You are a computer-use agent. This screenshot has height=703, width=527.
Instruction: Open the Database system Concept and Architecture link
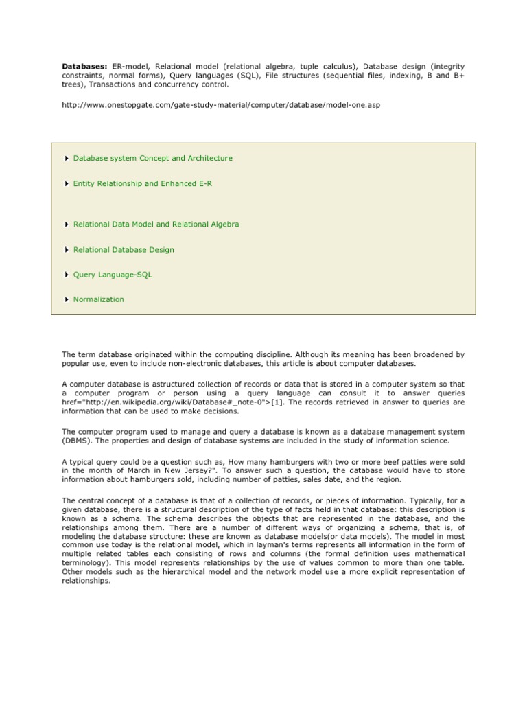click(x=152, y=158)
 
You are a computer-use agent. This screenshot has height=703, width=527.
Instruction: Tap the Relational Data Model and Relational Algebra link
click(x=156, y=224)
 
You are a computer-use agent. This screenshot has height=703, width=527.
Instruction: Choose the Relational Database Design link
click(x=124, y=250)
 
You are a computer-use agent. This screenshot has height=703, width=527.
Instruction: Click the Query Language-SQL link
click(x=113, y=275)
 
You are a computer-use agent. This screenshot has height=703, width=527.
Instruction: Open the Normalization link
click(x=99, y=299)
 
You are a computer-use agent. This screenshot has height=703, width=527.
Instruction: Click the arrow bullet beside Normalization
click(x=66, y=299)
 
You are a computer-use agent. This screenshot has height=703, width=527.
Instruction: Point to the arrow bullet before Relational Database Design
click(x=66, y=250)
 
